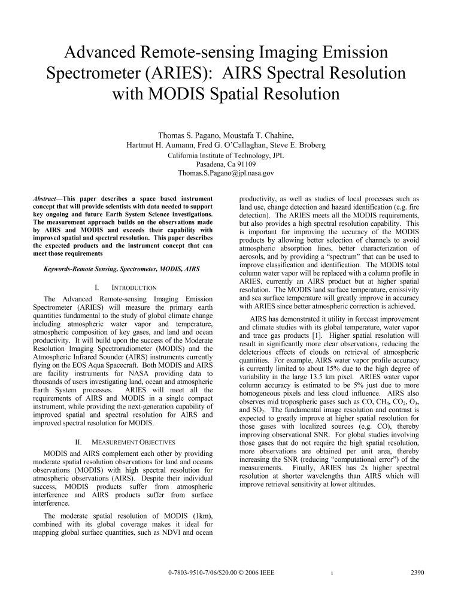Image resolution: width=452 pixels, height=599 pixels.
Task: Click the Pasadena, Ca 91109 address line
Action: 226,164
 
